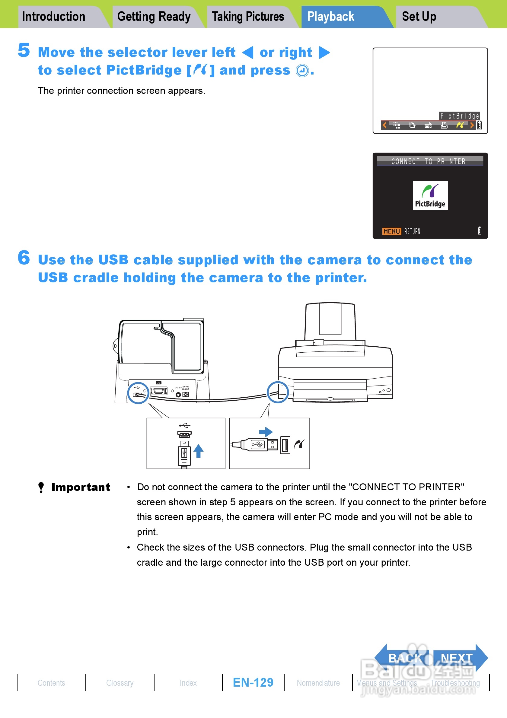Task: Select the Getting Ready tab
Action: (x=154, y=17)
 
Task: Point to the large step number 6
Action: (x=24, y=258)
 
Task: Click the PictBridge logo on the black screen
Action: (x=430, y=195)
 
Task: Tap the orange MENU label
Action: (x=392, y=231)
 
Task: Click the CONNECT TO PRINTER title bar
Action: (x=430, y=161)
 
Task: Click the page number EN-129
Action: (x=253, y=682)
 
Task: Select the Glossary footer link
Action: (x=120, y=683)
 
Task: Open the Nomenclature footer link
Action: (x=318, y=683)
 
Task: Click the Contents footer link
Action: (x=51, y=683)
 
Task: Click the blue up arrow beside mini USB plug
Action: (x=198, y=451)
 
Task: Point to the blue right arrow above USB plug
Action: (x=266, y=432)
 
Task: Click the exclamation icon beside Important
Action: (x=41, y=487)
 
